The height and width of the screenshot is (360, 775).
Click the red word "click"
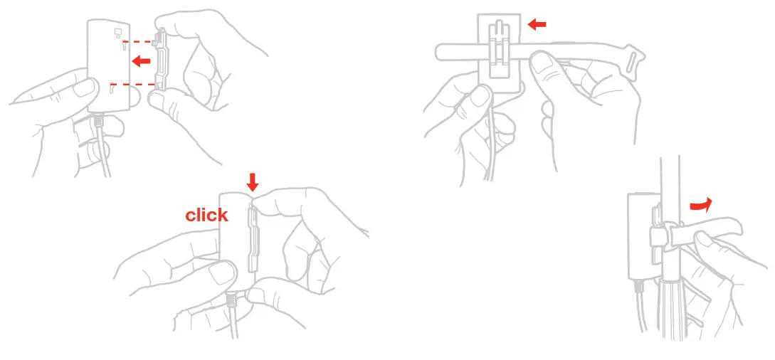coord(206,215)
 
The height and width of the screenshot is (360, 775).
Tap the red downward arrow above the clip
coord(252,183)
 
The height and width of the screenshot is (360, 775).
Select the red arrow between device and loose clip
coord(142,62)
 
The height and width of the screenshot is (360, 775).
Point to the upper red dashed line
coord(139,40)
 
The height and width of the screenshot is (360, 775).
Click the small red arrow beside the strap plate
coord(537,25)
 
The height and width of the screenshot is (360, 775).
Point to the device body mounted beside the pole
coord(638,235)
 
